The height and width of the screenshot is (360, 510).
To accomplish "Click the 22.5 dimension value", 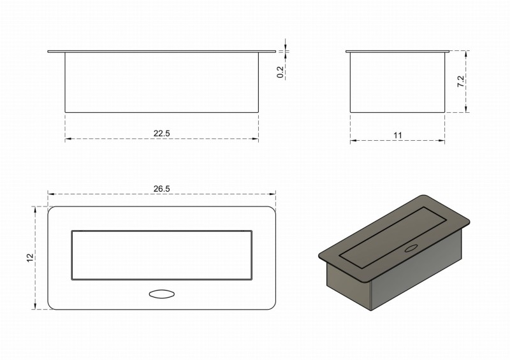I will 161,133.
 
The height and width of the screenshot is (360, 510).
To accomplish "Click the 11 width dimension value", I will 398,135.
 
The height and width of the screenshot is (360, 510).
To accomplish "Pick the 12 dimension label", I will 30,257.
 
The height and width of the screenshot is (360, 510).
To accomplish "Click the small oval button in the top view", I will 161,294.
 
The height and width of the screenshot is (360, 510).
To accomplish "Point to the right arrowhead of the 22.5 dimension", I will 256,139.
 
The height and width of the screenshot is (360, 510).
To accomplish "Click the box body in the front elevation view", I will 161,82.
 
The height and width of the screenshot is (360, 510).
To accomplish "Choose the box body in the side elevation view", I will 397,82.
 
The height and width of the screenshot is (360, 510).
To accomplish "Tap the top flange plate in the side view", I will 397,50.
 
